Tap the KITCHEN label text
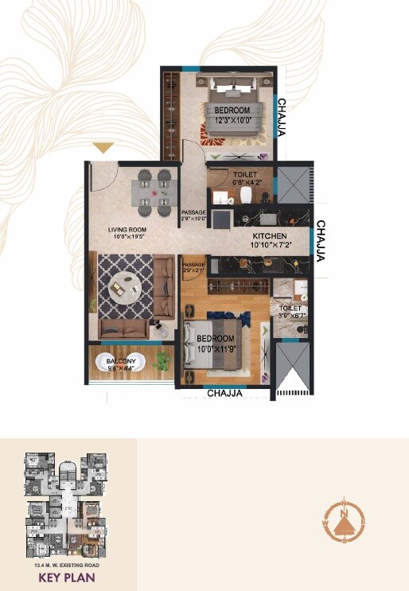(x=269, y=242)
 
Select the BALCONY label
(x=122, y=365)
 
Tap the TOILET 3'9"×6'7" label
(x=292, y=312)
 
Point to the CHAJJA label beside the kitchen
(x=321, y=243)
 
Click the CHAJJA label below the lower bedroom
(x=224, y=393)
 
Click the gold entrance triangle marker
(x=104, y=148)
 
